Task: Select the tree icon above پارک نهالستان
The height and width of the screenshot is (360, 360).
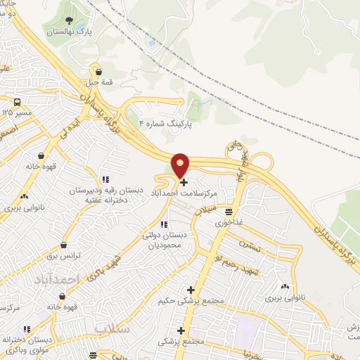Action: point(70,20)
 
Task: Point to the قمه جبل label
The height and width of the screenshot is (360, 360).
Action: point(98,83)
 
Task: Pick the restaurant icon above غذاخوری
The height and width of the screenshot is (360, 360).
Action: point(229,211)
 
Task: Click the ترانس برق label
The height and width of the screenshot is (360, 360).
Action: point(64,257)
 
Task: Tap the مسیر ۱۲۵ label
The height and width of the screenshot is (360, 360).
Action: point(16,112)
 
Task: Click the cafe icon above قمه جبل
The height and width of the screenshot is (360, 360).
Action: point(98,71)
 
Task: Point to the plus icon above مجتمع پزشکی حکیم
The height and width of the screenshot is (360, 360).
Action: point(191,290)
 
